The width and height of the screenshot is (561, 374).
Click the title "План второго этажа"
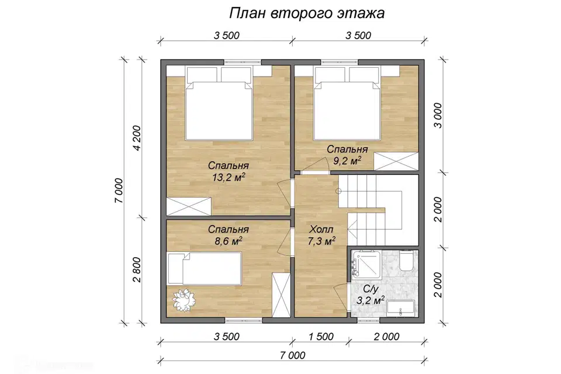[x=306, y=13]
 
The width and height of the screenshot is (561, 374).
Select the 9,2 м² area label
[x=347, y=159]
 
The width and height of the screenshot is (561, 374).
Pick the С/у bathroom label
[x=370, y=289]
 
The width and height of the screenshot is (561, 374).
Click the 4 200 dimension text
[x=137, y=138]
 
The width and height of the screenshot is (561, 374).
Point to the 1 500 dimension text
[x=320, y=337]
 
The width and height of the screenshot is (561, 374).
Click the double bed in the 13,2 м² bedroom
[x=219, y=105]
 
